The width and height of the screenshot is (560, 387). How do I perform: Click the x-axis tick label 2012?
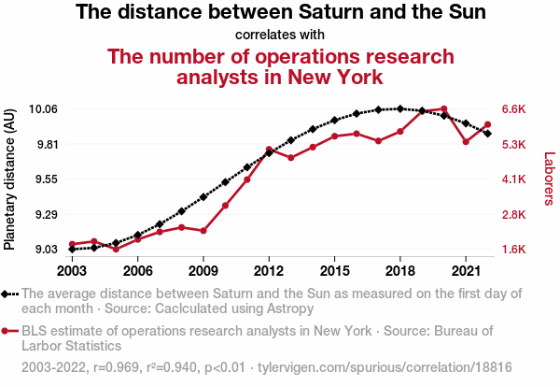click(269, 271)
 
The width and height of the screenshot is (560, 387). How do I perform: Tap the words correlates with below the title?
click(279, 36)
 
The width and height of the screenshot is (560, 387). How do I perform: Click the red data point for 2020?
click(444, 109)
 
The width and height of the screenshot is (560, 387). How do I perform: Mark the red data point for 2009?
click(203, 230)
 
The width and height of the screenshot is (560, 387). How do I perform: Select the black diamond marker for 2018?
click(400, 109)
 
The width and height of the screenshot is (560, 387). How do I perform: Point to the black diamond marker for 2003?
click(72, 249)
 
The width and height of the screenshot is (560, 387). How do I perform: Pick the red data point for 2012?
click(269, 150)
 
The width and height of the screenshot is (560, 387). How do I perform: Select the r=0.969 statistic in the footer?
click(116, 367)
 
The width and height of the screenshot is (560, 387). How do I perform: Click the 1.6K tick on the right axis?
click(516, 250)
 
